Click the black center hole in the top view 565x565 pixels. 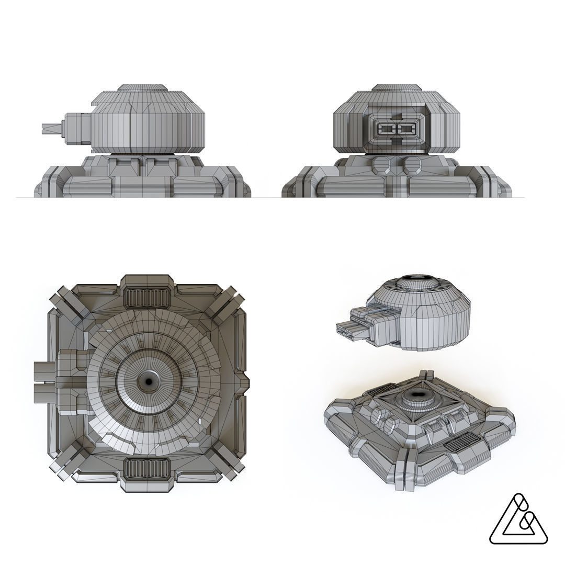tap(148, 382)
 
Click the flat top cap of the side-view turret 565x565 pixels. tap(142, 88)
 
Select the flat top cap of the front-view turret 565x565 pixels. tap(397, 88)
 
